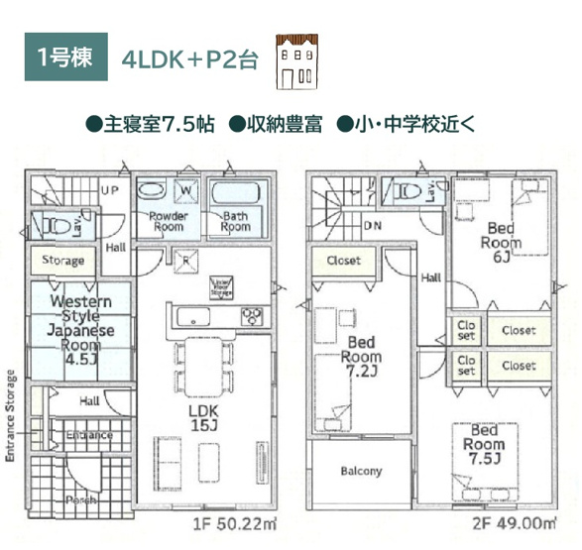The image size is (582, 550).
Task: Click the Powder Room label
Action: [x=170, y=222]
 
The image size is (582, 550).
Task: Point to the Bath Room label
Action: [x=236, y=222]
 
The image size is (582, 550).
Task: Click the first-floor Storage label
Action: [x=63, y=261]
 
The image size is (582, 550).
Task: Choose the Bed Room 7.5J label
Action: [x=485, y=445]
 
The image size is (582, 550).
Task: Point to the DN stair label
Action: [x=373, y=226]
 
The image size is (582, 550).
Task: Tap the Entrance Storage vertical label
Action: [x=11, y=416]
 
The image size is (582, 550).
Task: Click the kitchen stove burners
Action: [x=254, y=316]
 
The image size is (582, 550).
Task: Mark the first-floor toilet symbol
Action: [x=58, y=226]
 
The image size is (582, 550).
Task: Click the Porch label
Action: [x=81, y=499]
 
